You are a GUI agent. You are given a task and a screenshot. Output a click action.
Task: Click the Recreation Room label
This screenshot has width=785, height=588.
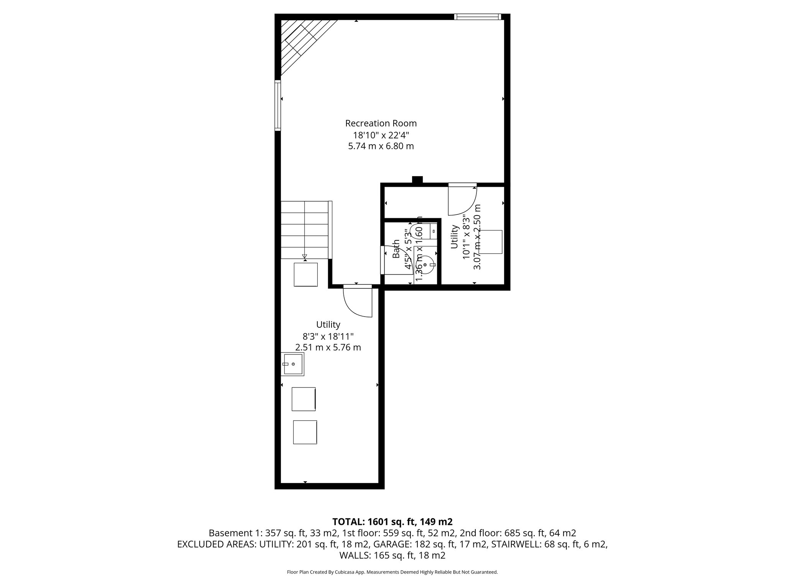coord(381,123)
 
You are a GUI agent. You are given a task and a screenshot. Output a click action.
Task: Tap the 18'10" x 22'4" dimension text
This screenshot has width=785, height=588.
coord(381,135)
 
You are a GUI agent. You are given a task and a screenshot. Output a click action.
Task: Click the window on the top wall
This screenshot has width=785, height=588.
coord(477,16)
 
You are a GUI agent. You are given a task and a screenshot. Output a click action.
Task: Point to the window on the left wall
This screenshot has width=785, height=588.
coord(278,105)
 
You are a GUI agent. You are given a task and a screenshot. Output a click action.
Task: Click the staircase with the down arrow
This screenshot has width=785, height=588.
coord(305,230)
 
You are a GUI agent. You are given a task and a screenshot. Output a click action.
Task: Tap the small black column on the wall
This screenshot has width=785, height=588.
coord(417,180)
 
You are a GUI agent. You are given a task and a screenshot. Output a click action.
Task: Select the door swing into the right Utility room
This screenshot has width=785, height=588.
coord(462,200)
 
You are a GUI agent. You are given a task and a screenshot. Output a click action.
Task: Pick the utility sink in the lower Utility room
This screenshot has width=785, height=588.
coord(293,364)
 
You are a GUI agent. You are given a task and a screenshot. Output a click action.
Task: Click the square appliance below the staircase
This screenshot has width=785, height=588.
coord(305,274)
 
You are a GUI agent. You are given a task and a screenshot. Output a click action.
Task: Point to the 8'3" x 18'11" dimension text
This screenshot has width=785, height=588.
coord(328,336)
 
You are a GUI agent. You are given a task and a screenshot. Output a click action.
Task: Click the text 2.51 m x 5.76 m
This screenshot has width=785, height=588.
coord(328,348)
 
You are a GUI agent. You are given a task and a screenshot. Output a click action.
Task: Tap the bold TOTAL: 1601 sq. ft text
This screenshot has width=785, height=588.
coord(392,522)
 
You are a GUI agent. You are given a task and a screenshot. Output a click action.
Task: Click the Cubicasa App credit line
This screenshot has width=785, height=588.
coord(392,572)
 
